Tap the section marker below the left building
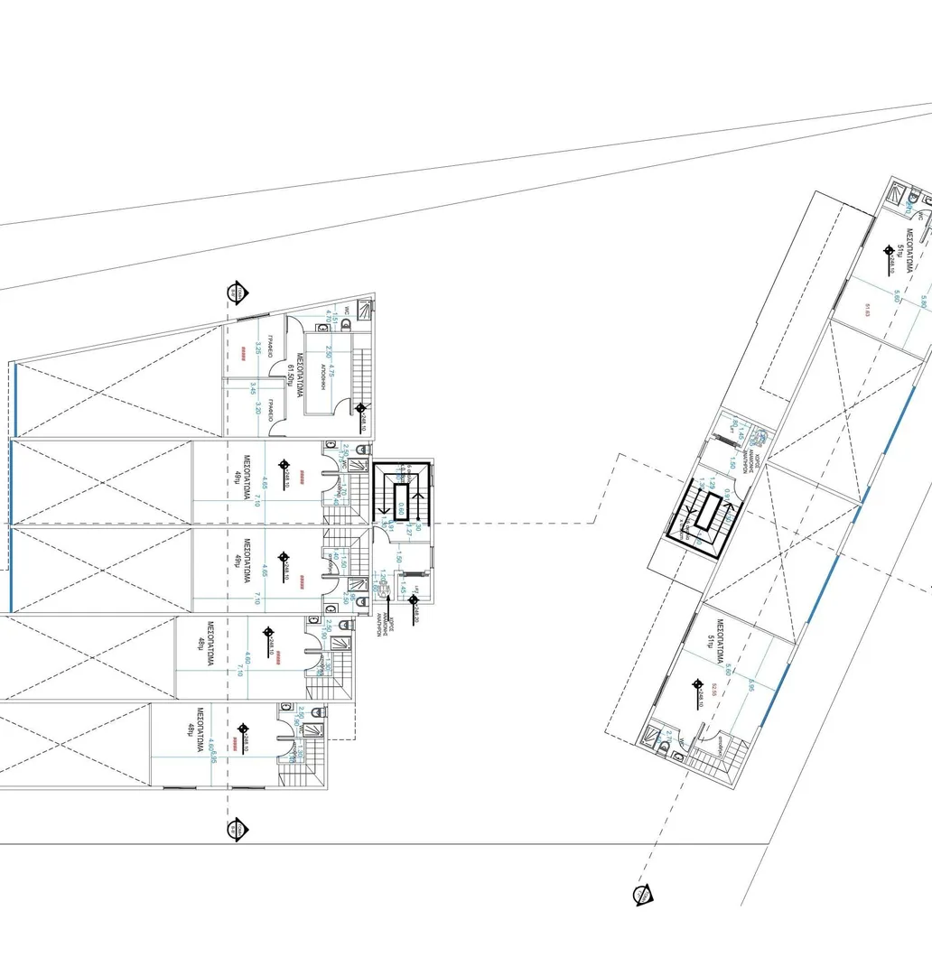(x=238, y=828)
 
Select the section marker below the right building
(x=642, y=894)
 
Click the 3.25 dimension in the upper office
(x=258, y=349)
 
